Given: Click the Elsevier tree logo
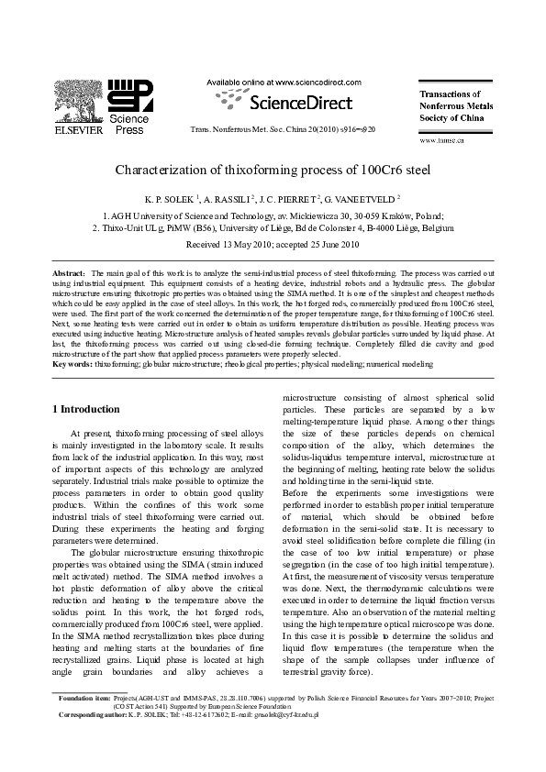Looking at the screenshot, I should coord(73,100).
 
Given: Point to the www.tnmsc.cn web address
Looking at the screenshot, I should coord(441,140).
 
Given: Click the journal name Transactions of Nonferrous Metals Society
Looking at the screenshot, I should coord(455,105).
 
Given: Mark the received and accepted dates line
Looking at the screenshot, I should coord(272,245).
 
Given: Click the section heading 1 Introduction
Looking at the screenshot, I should coord(85,409).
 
